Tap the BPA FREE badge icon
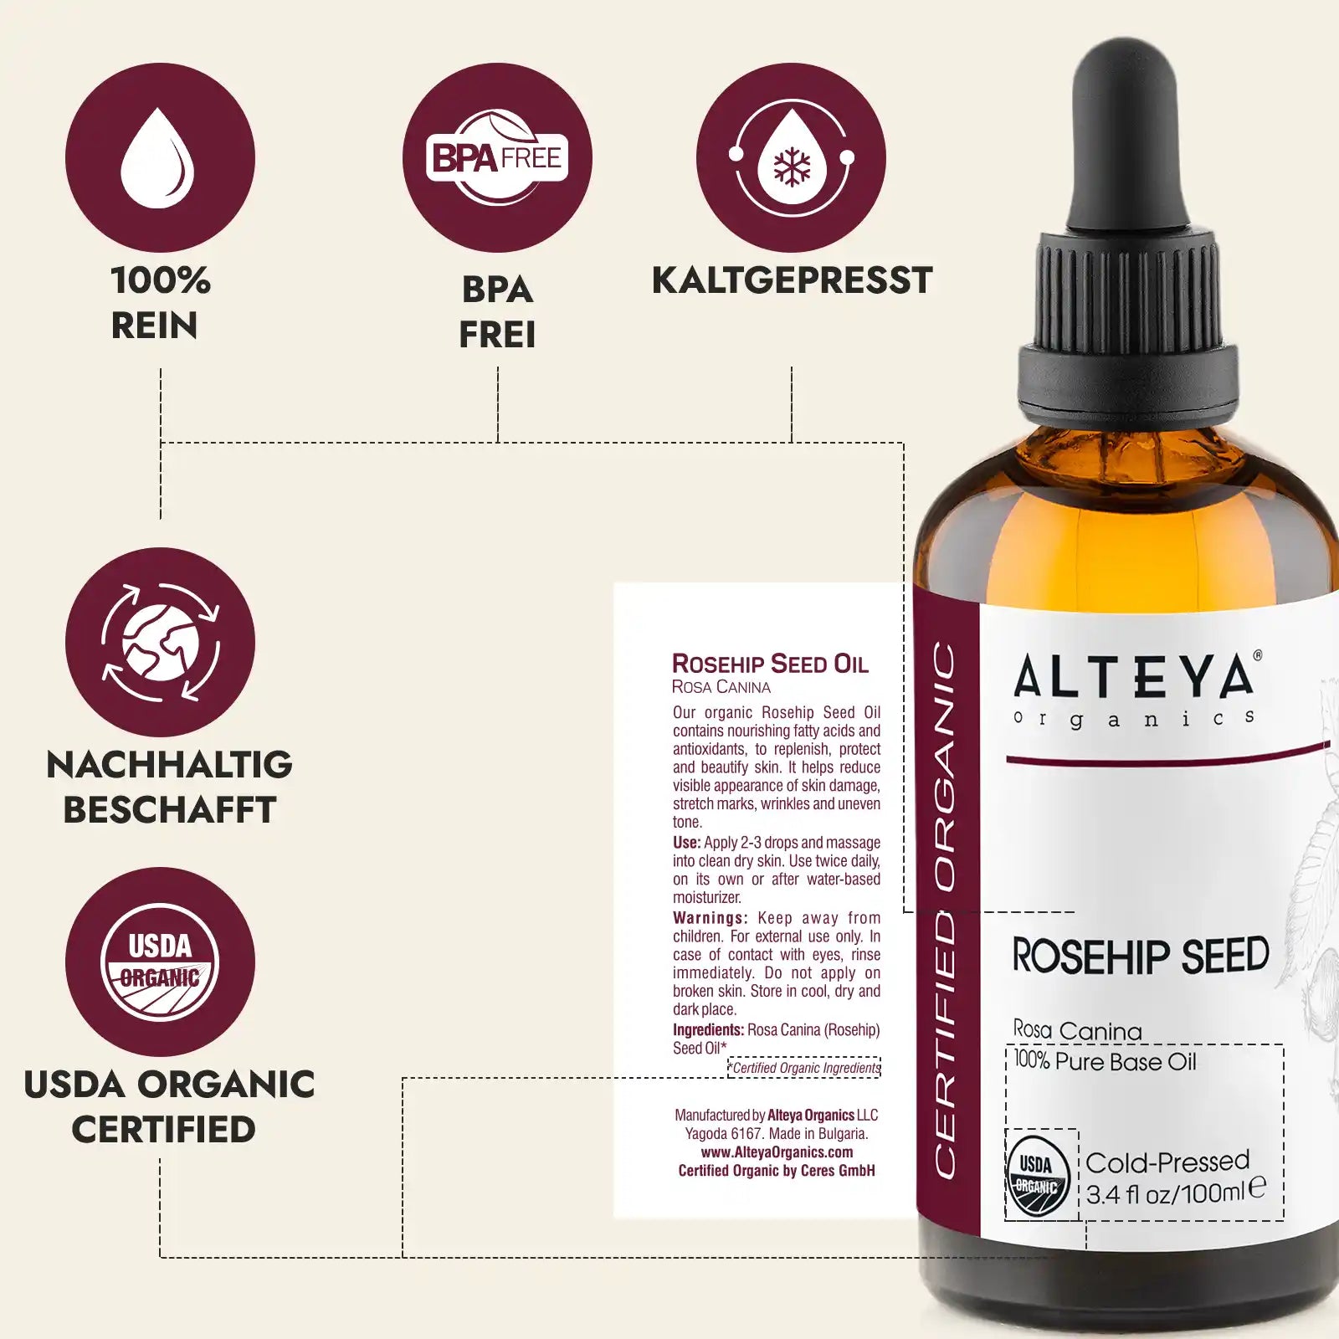pos(497,157)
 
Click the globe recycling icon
pos(160,642)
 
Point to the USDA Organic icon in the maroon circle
pos(160,962)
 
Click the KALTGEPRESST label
pos(792,280)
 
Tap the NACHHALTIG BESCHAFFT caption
pos(169,787)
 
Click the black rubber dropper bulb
pos(1126,134)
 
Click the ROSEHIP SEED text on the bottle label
pos(1140,956)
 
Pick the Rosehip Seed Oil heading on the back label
pos(770,664)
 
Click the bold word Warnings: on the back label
pos(710,918)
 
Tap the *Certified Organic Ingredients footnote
pos(804,1068)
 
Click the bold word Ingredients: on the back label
pos(708,1030)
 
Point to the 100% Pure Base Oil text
pos(1105,1061)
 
